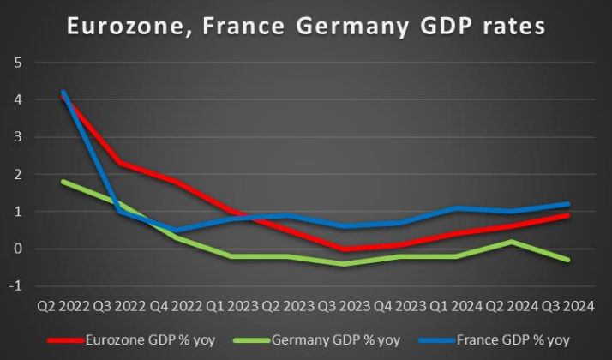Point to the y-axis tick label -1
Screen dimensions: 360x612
(x=15, y=286)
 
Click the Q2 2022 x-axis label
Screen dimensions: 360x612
(x=63, y=306)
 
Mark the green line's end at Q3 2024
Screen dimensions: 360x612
(x=567, y=260)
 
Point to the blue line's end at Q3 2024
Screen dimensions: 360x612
(x=567, y=204)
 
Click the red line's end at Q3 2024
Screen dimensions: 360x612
(x=567, y=215)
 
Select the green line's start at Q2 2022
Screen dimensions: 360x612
(x=63, y=182)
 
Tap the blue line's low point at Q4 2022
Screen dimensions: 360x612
(x=175, y=231)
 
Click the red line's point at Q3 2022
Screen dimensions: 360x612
(x=119, y=163)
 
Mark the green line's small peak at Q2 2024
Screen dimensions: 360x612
(x=511, y=242)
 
